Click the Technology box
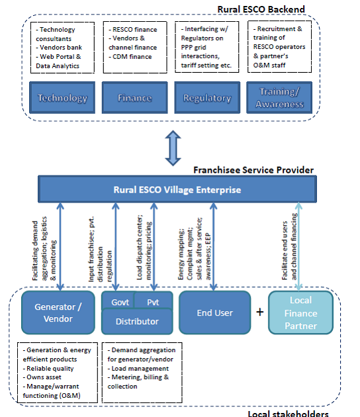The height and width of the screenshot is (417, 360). (x=62, y=98)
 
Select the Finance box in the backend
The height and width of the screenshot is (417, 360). (x=134, y=98)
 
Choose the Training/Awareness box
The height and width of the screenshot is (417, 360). (x=281, y=99)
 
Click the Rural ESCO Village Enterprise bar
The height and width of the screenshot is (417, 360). (x=176, y=190)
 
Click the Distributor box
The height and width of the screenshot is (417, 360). (x=136, y=322)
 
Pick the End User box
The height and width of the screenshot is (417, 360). (x=214, y=312)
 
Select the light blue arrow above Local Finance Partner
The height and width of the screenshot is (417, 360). (x=300, y=245)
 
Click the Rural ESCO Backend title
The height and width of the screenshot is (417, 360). (x=262, y=9)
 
